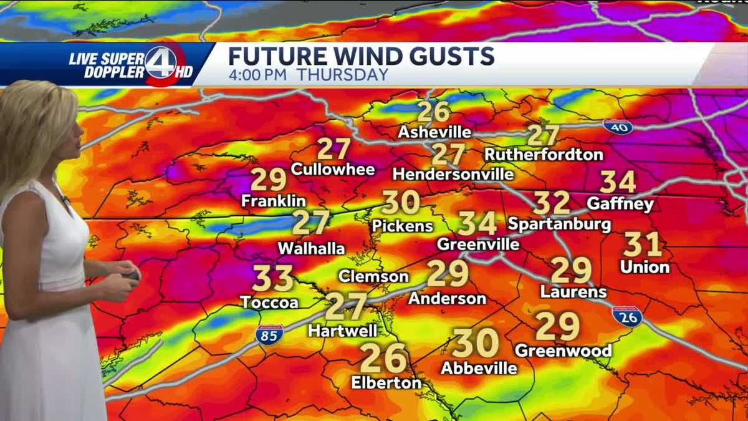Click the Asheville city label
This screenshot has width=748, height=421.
(434, 132)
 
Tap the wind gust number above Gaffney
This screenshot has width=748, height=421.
(618, 182)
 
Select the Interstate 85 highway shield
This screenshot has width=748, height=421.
(269, 336)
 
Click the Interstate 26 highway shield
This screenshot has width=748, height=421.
(627, 317)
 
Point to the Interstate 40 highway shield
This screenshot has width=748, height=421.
(618, 127)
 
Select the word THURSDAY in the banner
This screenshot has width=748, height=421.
(342, 75)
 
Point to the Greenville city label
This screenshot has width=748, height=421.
(478, 244)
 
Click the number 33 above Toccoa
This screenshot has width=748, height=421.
(273, 279)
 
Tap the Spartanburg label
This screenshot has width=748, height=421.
(559, 223)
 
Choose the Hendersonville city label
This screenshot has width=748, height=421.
(453, 174)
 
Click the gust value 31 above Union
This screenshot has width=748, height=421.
(642, 244)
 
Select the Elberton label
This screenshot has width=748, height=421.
(386, 382)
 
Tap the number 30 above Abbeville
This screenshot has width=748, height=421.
(476, 344)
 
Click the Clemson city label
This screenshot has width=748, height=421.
(373, 276)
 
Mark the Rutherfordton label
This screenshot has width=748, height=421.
(544, 154)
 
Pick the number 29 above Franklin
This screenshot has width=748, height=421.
(269, 180)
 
